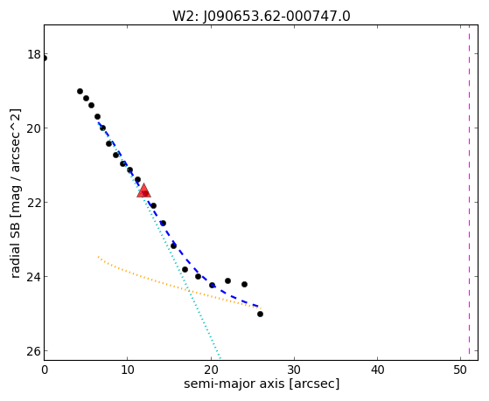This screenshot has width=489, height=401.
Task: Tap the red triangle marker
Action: click(143, 191)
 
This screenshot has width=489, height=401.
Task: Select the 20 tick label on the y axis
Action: click(34, 128)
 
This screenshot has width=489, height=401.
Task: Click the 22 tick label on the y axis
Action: click(34, 202)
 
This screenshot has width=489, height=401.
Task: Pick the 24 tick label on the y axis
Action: click(34, 276)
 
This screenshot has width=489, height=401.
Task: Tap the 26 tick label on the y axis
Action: click(34, 351)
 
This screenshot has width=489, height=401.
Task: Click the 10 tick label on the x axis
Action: click(127, 370)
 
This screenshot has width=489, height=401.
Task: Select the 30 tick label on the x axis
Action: click(294, 370)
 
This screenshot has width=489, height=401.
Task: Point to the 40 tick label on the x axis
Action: click(377, 370)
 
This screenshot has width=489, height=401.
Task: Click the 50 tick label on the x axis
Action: click(461, 370)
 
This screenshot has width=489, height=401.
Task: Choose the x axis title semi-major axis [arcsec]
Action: click(262, 384)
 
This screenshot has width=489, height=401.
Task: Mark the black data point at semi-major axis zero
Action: click(44, 59)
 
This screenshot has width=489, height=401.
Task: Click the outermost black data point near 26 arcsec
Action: click(260, 314)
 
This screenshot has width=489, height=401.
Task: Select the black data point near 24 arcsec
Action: click(245, 284)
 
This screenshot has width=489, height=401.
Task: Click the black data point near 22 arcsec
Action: click(227, 280)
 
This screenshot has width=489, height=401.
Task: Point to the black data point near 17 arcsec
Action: click(185, 269)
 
